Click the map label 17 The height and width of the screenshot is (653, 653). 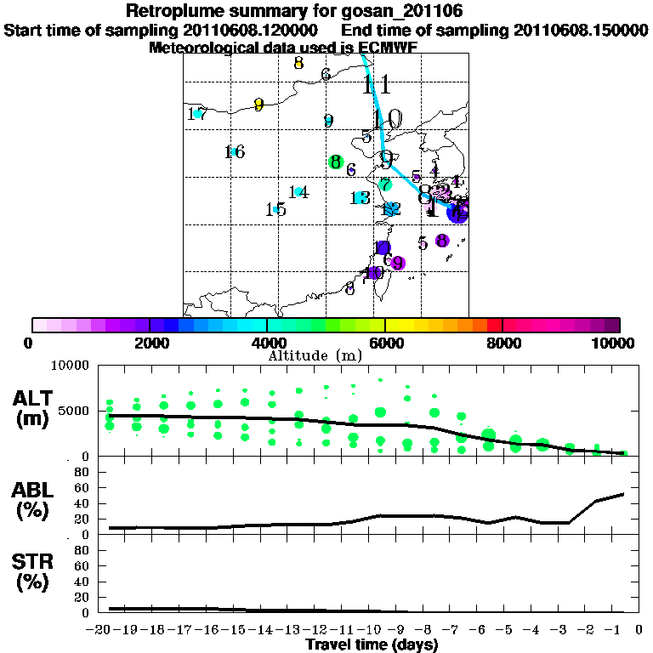pyautogui.click(x=196, y=114)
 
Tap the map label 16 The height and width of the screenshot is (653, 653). pyautogui.click(x=235, y=152)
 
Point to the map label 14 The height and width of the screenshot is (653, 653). pyautogui.click(x=298, y=192)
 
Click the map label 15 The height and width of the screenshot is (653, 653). pyautogui.click(x=275, y=209)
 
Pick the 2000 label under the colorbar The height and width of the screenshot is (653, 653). pyautogui.click(x=149, y=343)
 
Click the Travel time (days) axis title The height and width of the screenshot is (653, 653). pyautogui.click(x=372, y=645)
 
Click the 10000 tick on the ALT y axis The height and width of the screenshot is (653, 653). pyautogui.click(x=71, y=366)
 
